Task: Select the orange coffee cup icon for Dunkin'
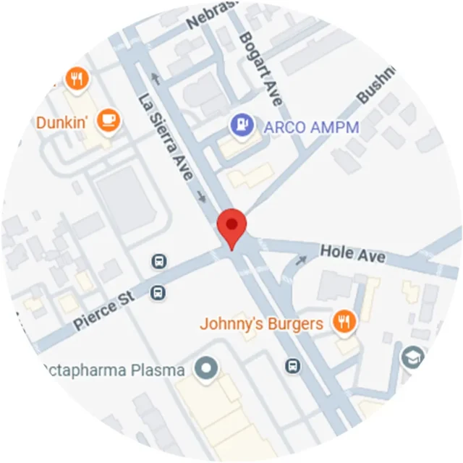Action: coord(109,119)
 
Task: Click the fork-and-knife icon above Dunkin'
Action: coord(76,78)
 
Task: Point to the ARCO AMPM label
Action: coord(312,128)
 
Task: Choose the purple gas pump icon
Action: coord(241,125)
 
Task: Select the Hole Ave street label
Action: coord(352,254)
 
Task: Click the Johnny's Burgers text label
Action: coord(261,323)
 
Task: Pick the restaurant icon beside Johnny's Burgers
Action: coord(344,322)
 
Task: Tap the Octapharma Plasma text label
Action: coord(114,370)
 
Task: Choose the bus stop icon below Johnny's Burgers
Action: coord(292,365)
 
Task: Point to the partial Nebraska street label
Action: coord(211,17)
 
